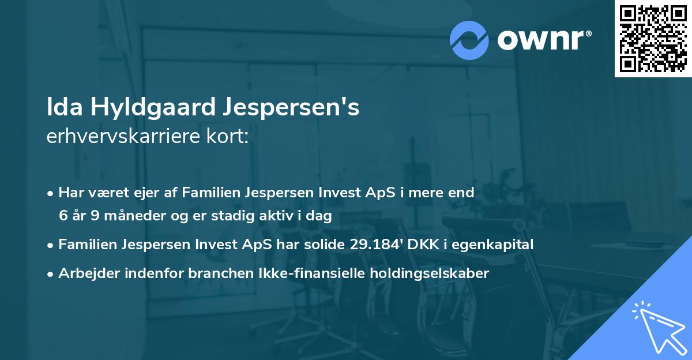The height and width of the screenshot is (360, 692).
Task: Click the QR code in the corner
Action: tap(653, 39)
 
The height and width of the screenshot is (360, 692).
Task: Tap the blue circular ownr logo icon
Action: tap(470, 40)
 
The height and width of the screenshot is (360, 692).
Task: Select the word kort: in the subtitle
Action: tap(230, 137)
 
